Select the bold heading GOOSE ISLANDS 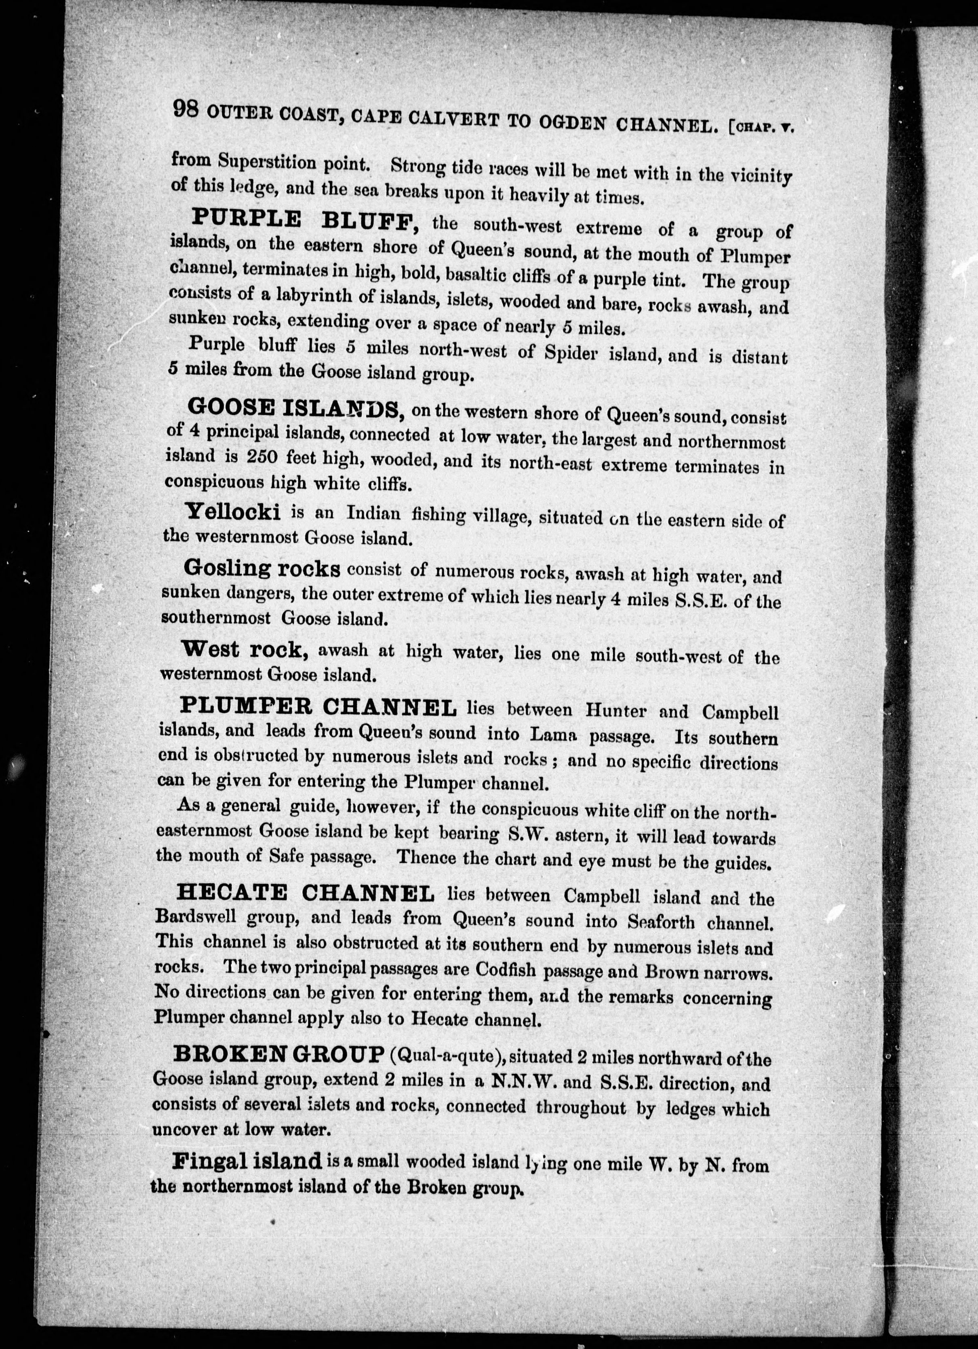pos(293,409)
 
